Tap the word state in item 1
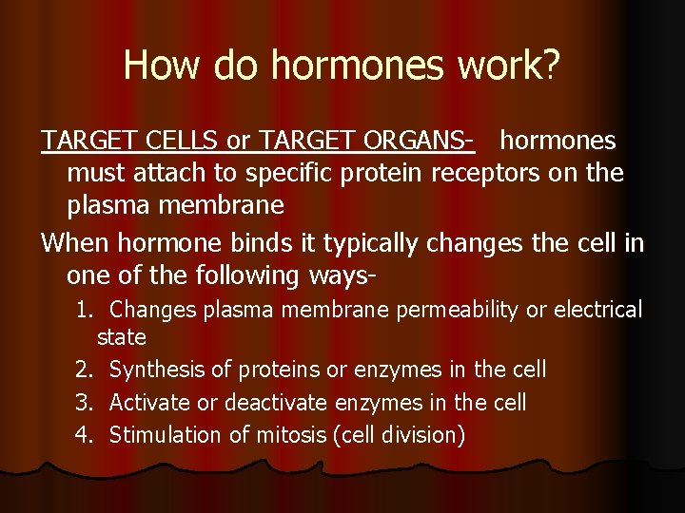pos(121,337)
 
